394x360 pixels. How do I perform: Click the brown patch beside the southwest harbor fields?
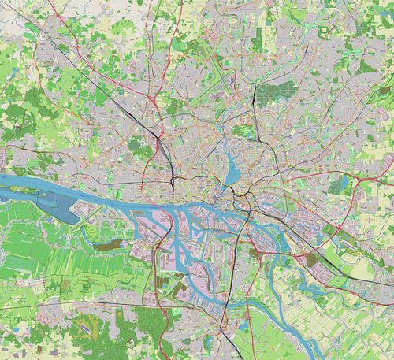[103, 245]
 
